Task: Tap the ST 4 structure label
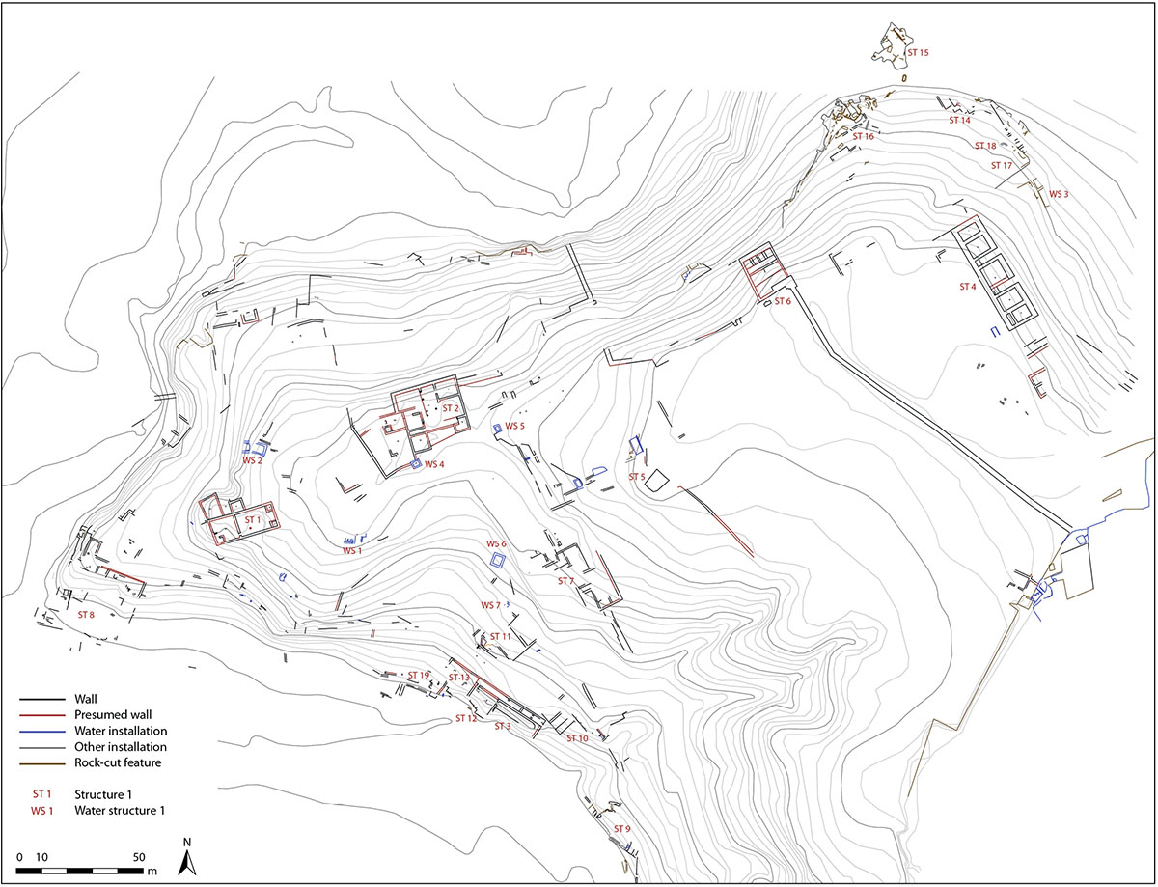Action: pos(968,287)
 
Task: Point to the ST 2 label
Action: pos(450,408)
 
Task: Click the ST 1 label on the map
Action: pos(253,520)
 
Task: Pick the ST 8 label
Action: pos(86,615)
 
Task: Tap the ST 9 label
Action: pos(621,829)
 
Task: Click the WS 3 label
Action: pos(1059,194)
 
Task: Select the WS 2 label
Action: pos(253,460)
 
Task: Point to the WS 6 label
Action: pos(496,544)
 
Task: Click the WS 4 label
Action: pos(434,464)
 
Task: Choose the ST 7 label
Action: pos(565,581)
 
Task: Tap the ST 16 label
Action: pos(863,137)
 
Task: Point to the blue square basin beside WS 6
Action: pos(499,561)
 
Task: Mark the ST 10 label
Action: pos(577,738)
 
